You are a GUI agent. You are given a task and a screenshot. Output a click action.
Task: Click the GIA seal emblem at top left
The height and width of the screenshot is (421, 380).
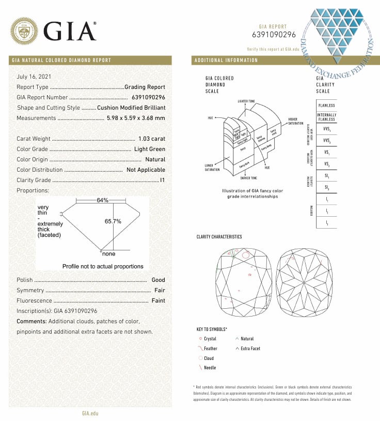[x=25, y=31]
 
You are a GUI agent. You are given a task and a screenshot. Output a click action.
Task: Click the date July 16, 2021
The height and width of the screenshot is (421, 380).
[x=34, y=77]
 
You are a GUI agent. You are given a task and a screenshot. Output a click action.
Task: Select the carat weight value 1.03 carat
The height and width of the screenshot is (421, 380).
[x=152, y=139]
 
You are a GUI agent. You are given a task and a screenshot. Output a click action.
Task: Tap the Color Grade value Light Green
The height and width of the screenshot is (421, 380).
[x=150, y=149]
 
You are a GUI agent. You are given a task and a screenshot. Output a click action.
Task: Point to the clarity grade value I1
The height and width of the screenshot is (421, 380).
[x=162, y=181]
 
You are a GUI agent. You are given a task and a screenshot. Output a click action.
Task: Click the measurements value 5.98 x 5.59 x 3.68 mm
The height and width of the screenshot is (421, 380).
[x=136, y=118]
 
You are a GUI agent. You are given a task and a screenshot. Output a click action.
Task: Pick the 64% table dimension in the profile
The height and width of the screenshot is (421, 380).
[x=102, y=200]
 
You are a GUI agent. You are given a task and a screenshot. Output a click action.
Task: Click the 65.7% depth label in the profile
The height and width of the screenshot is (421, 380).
[x=113, y=221]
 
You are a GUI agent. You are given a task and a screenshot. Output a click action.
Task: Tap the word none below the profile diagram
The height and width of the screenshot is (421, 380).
[x=108, y=254]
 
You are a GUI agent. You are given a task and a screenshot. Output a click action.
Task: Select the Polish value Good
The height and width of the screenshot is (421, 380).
[x=159, y=280]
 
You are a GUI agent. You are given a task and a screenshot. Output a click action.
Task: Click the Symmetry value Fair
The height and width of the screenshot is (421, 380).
[x=160, y=290]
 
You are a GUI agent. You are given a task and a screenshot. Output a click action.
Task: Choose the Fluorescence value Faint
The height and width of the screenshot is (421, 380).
[x=158, y=300]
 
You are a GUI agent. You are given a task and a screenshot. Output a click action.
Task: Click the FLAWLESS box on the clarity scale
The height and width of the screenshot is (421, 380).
[x=326, y=105]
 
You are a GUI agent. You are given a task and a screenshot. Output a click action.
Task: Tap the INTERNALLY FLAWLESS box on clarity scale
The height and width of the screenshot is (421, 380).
[x=326, y=117]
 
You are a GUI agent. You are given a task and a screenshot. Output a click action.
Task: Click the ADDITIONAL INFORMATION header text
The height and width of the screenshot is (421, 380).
[x=226, y=61]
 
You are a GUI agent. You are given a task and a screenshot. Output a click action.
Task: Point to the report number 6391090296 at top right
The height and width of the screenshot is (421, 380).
[x=274, y=35]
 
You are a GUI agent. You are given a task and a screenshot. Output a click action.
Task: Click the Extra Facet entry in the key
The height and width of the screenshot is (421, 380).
[x=250, y=349]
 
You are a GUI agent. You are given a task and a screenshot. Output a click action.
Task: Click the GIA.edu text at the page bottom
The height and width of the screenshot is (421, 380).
[x=90, y=413]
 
